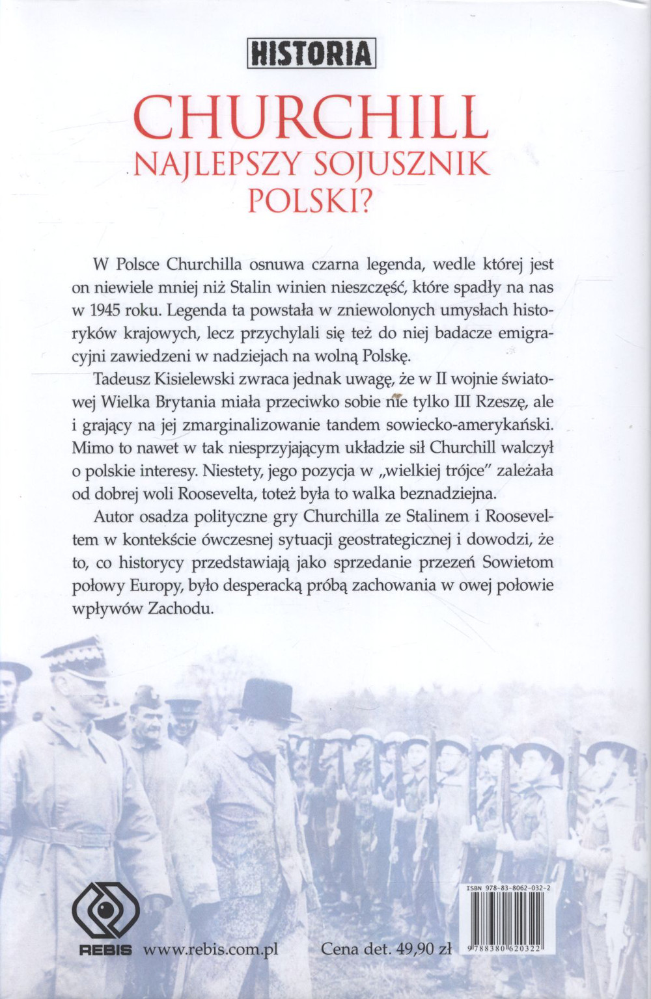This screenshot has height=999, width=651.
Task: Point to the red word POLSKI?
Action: [311, 202]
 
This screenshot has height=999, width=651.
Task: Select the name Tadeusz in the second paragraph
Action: [122, 379]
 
